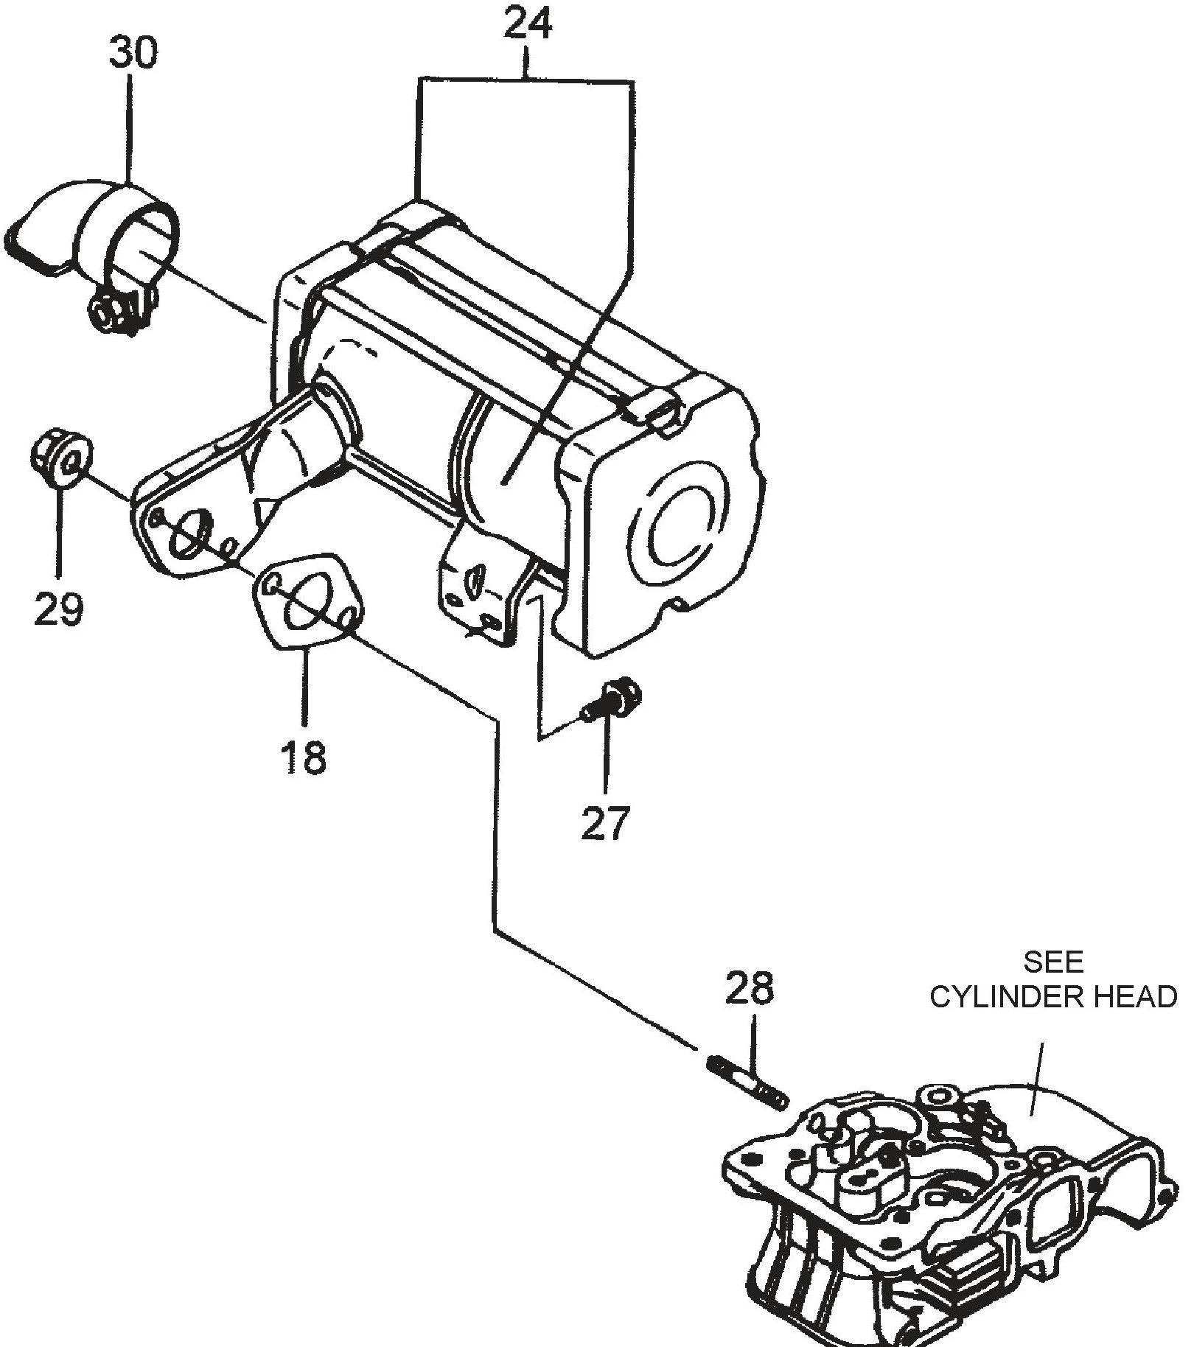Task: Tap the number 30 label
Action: [x=133, y=53]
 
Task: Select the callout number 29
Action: [x=58, y=609]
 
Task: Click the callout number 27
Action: [x=606, y=824]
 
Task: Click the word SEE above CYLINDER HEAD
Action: [x=1053, y=962]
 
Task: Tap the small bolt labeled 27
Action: [x=614, y=702]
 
